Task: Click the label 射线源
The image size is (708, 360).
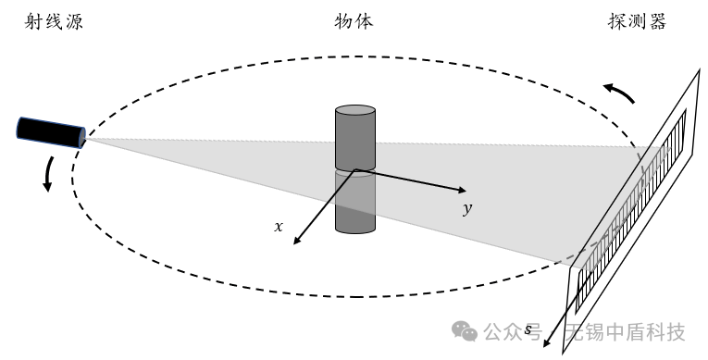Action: (x=52, y=21)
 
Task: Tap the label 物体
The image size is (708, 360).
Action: (x=354, y=21)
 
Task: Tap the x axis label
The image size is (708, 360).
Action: (x=279, y=226)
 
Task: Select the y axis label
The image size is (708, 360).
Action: (x=467, y=209)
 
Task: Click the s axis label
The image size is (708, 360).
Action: (x=528, y=329)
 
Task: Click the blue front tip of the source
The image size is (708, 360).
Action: (x=83, y=139)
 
